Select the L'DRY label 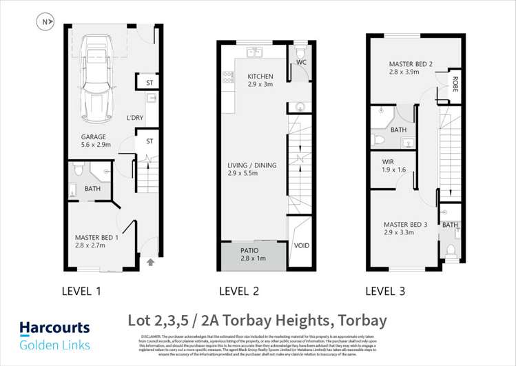tap(134, 118)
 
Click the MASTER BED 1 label tap(97, 238)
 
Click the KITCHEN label tap(260, 77)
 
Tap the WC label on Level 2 tap(301, 63)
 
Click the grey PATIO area tap(252, 254)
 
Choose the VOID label tap(302, 245)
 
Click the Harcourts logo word tap(54, 328)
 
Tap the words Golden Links tap(54, 345)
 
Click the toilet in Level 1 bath tap(79, 168)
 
